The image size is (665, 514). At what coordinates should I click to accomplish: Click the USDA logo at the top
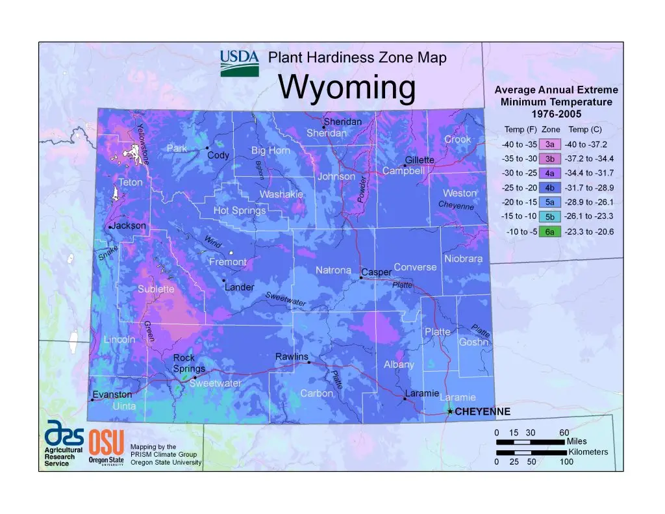click(x=240, y=63)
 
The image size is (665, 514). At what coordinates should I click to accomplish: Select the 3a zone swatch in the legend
click(x=549, y=144)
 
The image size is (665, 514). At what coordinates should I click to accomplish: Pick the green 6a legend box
click(x=549, y=232)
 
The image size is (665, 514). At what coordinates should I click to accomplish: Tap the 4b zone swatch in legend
click(x=549, y=188)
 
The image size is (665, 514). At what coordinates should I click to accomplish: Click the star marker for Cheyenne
click(x=450, y=411)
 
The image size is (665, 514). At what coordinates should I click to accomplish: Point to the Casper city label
click(x=376, y=272)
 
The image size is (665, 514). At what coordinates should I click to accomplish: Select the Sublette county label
click(x=156, y=289)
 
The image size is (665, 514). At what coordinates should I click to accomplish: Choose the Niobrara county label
click(x=464, y=259)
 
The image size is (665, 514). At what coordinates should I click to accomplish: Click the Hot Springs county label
click(x=240, y=211)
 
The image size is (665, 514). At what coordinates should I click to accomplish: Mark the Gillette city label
click(x=420, y=160)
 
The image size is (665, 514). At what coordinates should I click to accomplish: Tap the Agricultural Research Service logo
click(x=63, y=442)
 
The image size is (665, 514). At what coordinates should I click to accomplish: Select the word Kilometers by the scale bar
click(x=588, y=452)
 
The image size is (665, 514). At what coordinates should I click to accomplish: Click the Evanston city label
click(x=112, y=394)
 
